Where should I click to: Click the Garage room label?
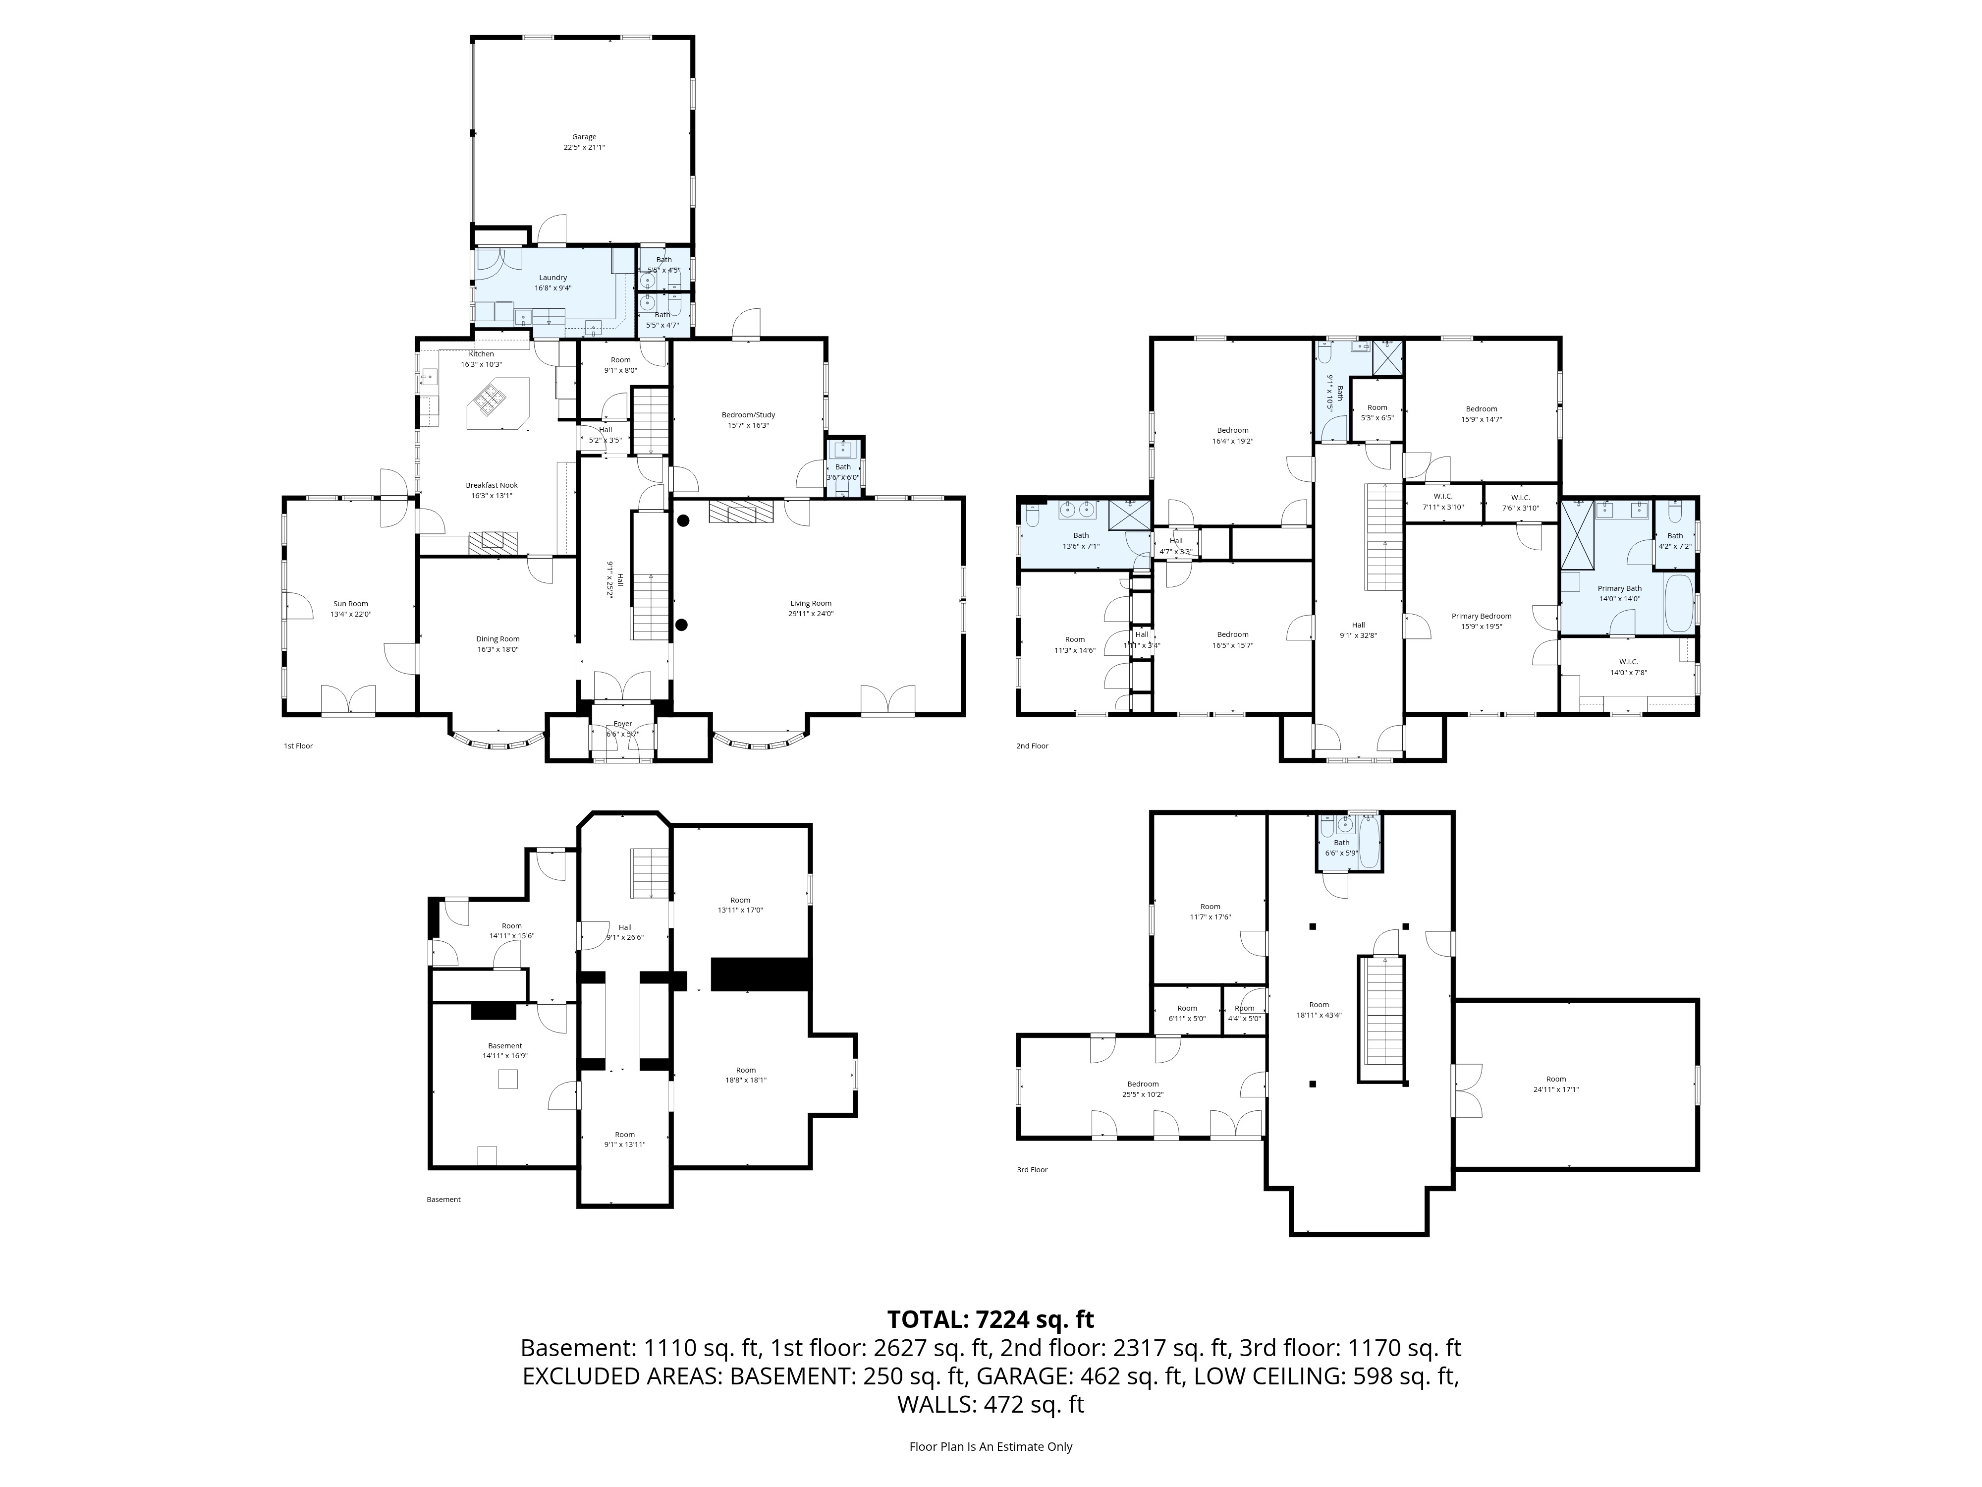tap(584, 137)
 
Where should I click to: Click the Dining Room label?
tap(497, 639)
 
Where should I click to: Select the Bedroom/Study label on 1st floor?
tap(748, 415)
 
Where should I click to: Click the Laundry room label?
tap(553, 278)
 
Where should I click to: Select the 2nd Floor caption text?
tap(1032, 746)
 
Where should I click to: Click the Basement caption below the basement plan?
tap(443, 1200)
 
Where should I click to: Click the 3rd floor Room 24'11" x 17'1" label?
tap(1555, 1079)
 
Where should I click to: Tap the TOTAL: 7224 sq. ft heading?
tap(990, 1319)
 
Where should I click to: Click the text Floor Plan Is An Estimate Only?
tap(990, 1447)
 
